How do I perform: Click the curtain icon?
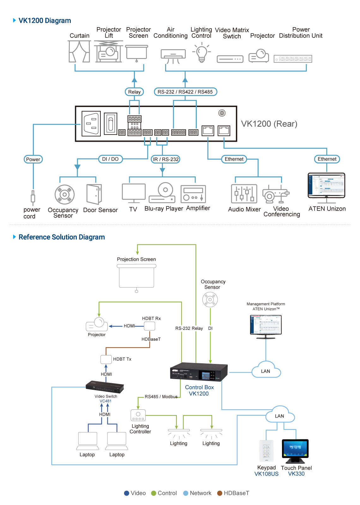tap(79, 51)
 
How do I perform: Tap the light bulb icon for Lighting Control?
tap(201, 53)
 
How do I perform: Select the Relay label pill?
tap(134, 92)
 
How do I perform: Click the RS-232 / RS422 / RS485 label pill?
tap(185, 92)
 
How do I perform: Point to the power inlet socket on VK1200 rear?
tap(91, 123)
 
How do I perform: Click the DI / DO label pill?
tap(110, 159)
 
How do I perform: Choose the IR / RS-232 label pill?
tap(166, 159)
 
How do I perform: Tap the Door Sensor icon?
tap(94, 194)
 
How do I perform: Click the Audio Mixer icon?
tap(244, 193)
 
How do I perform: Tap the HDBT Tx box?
tap(106, 359)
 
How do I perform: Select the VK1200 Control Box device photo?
tap(199, 372)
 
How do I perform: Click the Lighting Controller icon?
tap(138, 415)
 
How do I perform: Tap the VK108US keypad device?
tap(267, 451)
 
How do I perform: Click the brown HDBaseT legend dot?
tap(220, 493)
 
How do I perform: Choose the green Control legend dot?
tap(154, 493)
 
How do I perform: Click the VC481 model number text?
tap(105, 401)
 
